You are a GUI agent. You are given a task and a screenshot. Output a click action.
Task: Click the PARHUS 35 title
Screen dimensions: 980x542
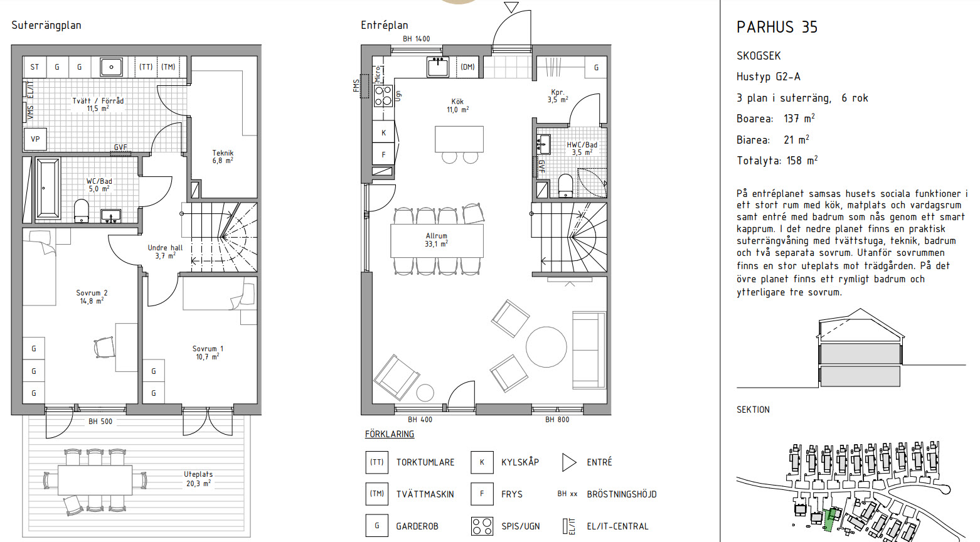777,27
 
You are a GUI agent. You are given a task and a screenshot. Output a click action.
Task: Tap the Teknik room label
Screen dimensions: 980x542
223,157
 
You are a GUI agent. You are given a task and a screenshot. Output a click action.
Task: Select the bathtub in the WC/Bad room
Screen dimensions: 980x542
48,188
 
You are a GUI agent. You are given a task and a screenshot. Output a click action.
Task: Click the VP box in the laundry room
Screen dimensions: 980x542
35,139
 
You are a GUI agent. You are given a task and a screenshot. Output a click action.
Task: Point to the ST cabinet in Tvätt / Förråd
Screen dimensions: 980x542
35,67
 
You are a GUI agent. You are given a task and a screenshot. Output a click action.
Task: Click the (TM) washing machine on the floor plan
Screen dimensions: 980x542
168,67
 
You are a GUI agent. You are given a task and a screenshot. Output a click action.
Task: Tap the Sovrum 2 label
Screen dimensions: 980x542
92,297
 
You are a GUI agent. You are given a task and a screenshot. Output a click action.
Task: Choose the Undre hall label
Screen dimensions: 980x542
165,252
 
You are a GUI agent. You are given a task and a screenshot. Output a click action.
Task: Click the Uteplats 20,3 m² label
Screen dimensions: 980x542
198,479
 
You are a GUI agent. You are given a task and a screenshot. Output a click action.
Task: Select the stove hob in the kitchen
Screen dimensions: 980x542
383,96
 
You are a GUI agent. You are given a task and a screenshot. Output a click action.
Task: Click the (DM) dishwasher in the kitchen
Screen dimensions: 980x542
467,67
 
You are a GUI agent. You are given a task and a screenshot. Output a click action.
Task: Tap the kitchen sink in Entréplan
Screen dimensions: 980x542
437,68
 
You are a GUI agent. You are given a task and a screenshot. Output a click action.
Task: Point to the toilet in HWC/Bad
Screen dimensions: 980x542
565,186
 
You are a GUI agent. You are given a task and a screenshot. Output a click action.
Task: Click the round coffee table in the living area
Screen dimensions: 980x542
546,347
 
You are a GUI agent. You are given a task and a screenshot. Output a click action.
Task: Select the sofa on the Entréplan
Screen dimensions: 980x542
589,350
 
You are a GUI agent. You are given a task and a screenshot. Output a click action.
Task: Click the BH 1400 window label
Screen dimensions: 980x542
417,39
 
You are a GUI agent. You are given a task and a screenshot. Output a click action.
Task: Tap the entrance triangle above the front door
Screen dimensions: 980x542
511,7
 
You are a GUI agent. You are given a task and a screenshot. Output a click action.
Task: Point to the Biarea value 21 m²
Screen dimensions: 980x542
796,139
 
